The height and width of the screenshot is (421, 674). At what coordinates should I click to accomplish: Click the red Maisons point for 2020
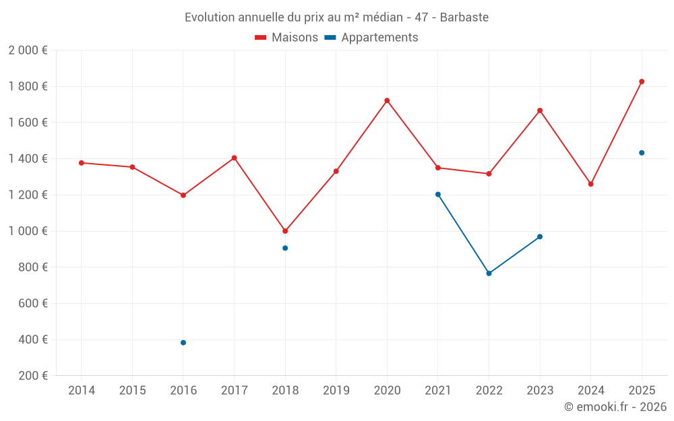tap(387, 100)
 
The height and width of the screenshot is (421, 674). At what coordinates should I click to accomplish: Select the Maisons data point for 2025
tap(642, 82)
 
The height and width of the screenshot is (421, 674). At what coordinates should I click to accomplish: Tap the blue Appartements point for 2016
tap(183, 343)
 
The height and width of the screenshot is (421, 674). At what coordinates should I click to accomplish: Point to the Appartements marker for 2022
tap(489, 273)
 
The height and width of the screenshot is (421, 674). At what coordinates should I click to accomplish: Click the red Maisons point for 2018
tap(285, 231)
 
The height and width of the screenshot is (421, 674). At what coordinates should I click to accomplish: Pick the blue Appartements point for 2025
tap(642, 153)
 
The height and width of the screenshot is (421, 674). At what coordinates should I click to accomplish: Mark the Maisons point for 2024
tap(591, 184)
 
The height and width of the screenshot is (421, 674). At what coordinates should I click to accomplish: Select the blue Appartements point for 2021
tap(438, 195)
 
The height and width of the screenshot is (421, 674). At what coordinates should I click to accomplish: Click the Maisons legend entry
tap(286, 38)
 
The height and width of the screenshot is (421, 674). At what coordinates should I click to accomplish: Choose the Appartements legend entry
tap(371, 38)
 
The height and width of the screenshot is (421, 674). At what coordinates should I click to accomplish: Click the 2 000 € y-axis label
tap(28, 51)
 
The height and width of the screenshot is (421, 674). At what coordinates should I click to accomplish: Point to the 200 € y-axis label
tap(32, 376)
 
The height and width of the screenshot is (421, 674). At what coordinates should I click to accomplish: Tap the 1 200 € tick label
tap(28, 195)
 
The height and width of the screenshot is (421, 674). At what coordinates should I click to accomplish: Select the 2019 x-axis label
tap(336, 391)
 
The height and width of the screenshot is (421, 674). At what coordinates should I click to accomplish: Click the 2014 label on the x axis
tap(82, 391)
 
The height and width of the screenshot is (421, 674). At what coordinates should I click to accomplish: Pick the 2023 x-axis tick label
tap(540, 391)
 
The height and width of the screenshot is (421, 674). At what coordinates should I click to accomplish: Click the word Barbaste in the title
tap(464, 17)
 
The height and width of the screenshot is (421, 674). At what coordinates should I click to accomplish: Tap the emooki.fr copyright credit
tap(615, 407)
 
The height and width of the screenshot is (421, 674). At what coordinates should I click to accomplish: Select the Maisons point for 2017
tap(234, 158)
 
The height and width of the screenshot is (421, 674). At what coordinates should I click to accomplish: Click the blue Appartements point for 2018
tap(285, 248)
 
